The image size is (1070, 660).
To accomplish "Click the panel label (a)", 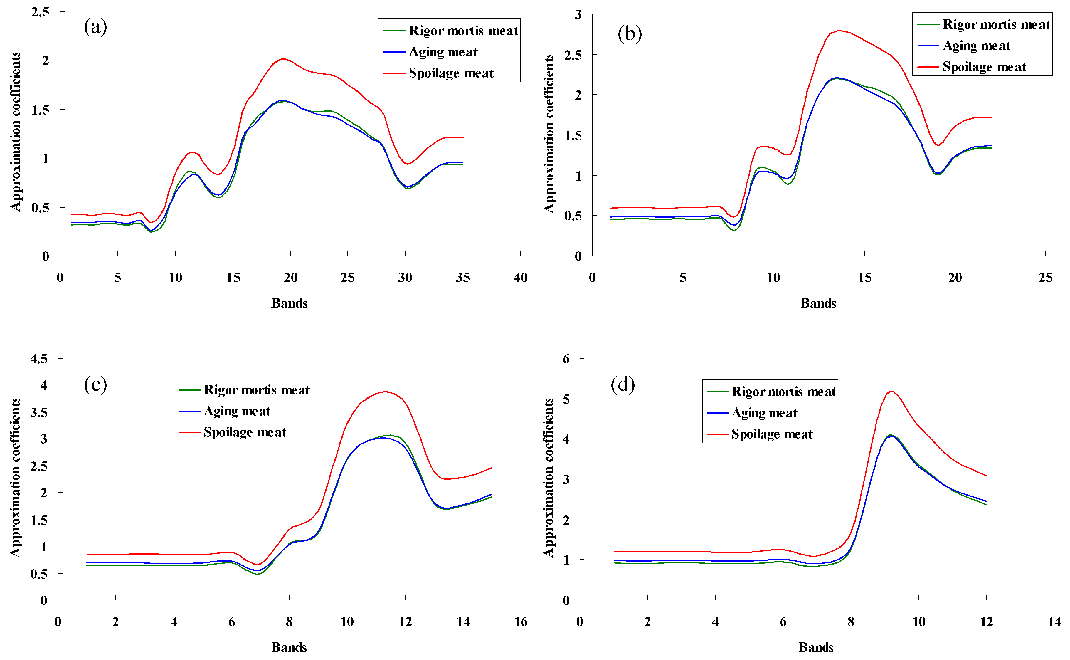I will (x=95, y=27).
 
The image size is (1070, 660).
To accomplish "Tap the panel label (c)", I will (x=95, y=384).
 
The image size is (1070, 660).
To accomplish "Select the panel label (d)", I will (x=622, y=384).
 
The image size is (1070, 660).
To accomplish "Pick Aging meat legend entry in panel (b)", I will (x=976, y=46).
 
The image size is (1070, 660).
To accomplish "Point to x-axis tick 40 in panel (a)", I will (x=520, y=278).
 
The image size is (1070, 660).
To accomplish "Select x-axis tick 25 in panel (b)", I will (x=1045, y=278).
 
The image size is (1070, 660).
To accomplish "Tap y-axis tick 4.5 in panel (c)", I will (x=38, y=359).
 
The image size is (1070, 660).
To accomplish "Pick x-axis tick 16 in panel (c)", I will (x=520, y=622).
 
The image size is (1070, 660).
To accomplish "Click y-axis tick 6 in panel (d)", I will (x=566, y=359).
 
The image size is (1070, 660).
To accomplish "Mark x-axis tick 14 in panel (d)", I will (x=1054, y=622).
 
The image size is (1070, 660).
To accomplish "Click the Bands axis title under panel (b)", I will (x=818, y=303).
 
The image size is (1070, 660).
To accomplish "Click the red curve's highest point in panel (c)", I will (x=384, y=392).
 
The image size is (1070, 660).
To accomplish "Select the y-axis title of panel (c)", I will (x=15, y=478).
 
